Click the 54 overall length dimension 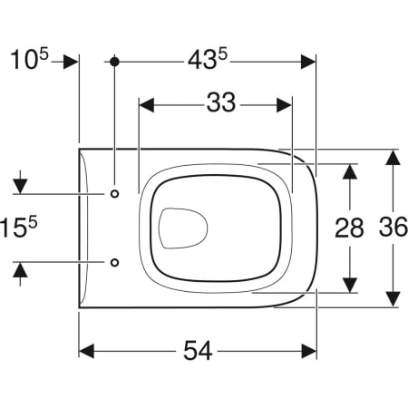(x=198, y=351)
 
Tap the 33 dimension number (x=221, y=102)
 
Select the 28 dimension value (x=349, y=228)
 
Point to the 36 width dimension (x=393, y=227)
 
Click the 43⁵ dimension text (x=208, y=60)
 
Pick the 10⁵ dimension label (x=29, y=60)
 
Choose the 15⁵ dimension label (x=19, y=228)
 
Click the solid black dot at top (x=114, y=62)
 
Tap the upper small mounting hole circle (x=114, y=194)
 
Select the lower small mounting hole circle (x=114, y=262)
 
